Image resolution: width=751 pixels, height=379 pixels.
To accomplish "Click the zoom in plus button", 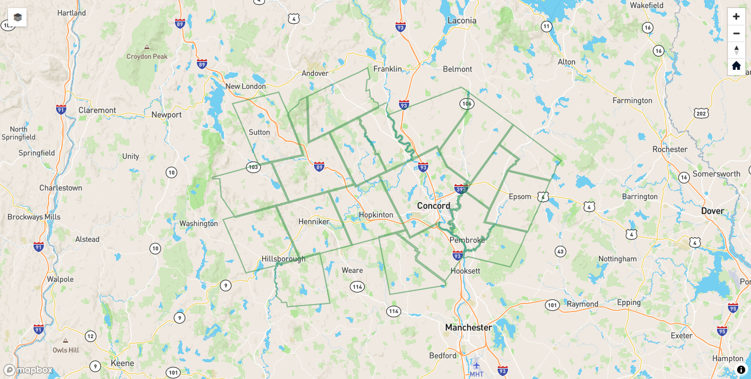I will (736, 17).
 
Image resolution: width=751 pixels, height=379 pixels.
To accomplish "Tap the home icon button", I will (736, 66).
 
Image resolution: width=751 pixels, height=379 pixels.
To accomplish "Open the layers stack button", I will (18, 17).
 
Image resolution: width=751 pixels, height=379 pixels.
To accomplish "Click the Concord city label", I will (434, 206).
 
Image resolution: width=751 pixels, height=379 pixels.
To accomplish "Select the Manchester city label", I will (468, 328).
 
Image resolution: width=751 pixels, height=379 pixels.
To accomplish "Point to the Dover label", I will (712, 211).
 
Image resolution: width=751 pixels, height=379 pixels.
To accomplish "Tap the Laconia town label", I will (462, 21).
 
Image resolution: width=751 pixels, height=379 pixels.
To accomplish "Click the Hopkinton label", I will (376, 215).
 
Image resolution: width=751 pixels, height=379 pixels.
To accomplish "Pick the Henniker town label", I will (313, 222).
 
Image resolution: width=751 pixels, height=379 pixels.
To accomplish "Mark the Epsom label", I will (520, 197).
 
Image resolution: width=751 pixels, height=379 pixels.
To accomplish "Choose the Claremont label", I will (97, 110).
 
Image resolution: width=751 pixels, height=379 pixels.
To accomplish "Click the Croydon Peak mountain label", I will (147, 57).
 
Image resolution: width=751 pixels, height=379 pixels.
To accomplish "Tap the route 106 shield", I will (467, 104).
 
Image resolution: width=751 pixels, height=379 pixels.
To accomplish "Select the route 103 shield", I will (253, 167).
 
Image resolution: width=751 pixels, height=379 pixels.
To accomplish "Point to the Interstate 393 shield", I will (461, 189).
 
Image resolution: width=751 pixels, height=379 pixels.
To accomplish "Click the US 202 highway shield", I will (701, 114).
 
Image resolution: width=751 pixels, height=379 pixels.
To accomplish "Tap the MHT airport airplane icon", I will (476, 365).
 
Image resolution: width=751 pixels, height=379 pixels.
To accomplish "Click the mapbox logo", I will (28, 370).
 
